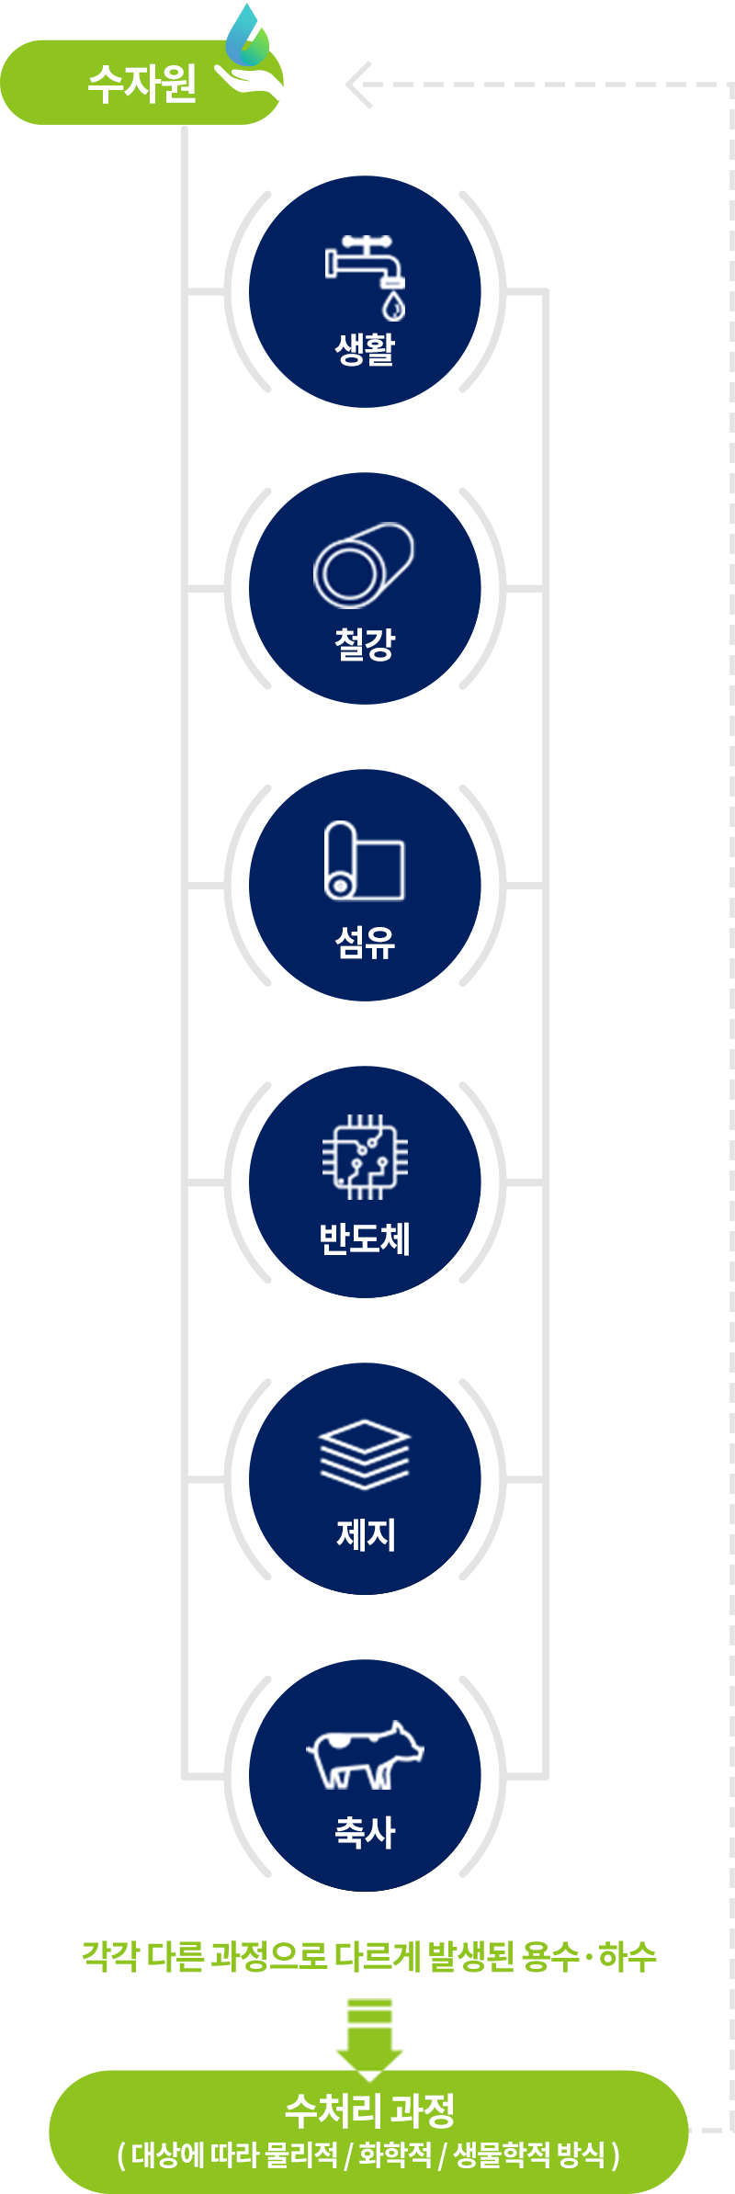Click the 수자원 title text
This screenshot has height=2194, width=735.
pyautogui.click(x=142, y=84)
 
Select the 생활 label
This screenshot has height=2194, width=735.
pyautogui.click(x=365, y=348)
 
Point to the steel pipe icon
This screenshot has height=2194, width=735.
pyautogui.click(x=364, y=565)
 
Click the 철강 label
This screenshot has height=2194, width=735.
pyautogui.click(x=365, y=643)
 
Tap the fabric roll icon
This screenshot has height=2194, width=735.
pyautogui.click(x=365, y=860)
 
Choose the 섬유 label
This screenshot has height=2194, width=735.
pyautogui.click(x=365, y=942)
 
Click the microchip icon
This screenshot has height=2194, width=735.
pyautogui.click(x=365, y=1157)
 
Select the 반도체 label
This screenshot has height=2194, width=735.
pyautogui.click(x=365, y=1238)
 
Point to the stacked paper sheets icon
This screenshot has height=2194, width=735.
pyautogui.click(x=365, y=1454)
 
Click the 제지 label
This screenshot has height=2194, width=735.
pyautogui.click(x=365, y=1534)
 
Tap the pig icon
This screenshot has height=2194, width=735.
pyautogui.click(x=365, y=1755)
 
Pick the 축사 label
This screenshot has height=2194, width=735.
pyautogui.click(x=365, y=1832)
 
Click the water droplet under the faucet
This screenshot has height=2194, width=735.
pyautogui.click(x=394, y=305)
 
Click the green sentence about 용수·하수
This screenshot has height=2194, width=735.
pyautogui.click(x=369, y=1956)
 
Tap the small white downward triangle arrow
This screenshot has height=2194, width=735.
pyautogui.click(x=369, y=2075)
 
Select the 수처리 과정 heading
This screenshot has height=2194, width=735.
pyautogui.click(x=369, y=2110)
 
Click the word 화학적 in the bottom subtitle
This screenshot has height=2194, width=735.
pyautogui.click(x=395, y=2154)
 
